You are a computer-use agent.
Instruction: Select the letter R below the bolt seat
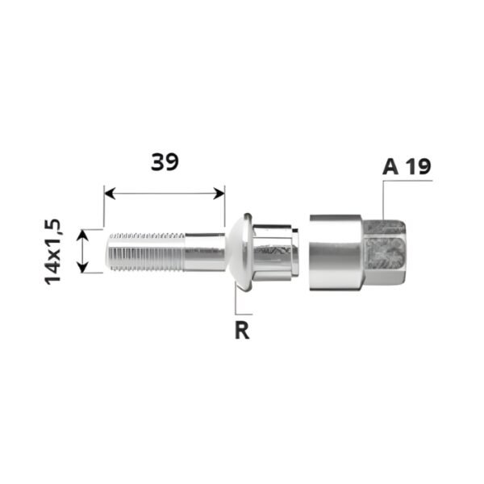point(241,331)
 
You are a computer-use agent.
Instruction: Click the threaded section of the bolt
point(145,252)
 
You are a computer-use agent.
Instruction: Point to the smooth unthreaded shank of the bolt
point(205,252)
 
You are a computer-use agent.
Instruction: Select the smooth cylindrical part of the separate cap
point(335,251)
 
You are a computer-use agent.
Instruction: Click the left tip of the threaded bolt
point(110,252)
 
